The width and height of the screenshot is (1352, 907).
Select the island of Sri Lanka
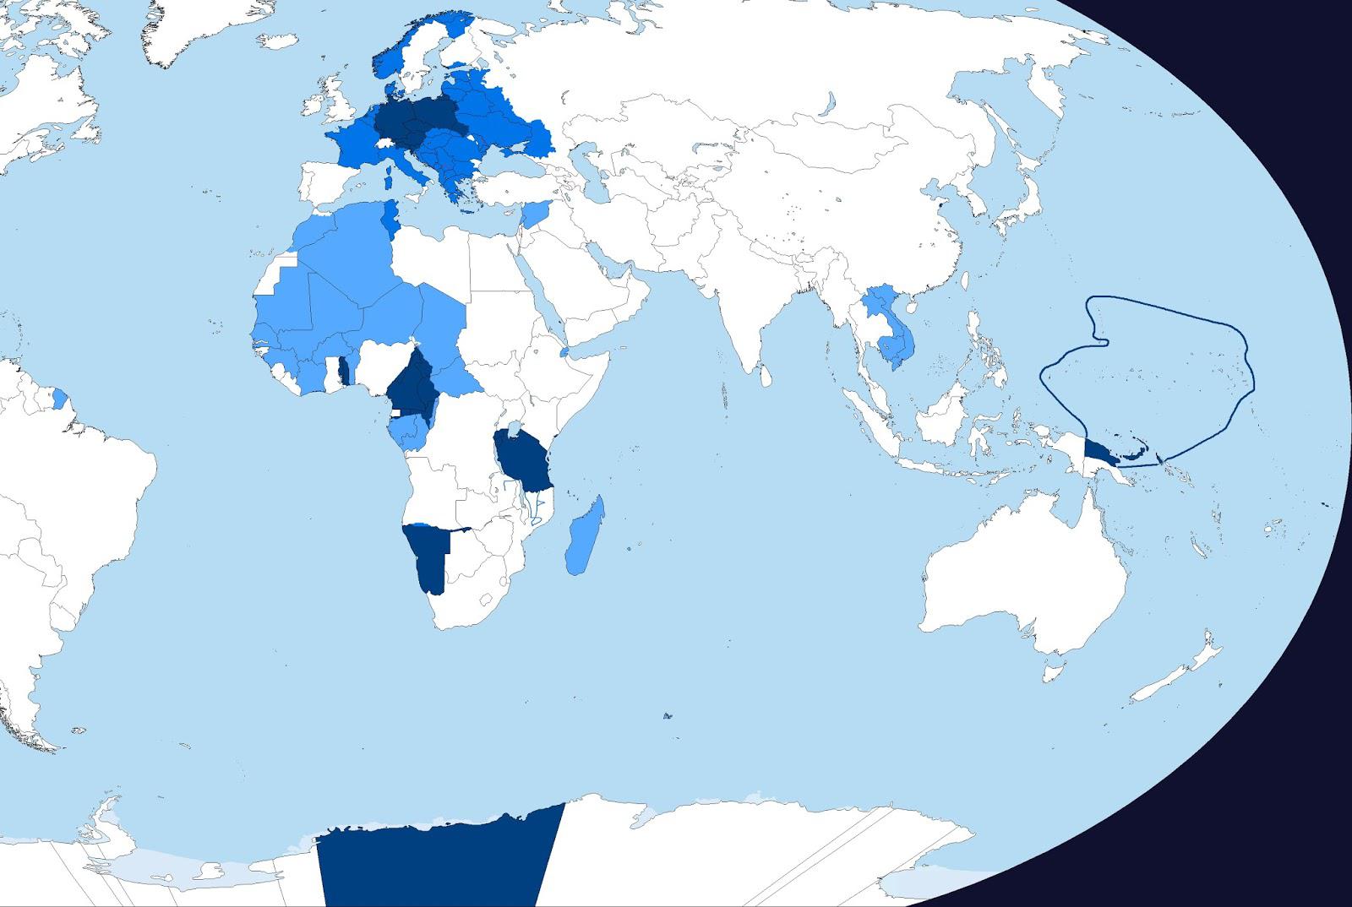pos(765,372)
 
